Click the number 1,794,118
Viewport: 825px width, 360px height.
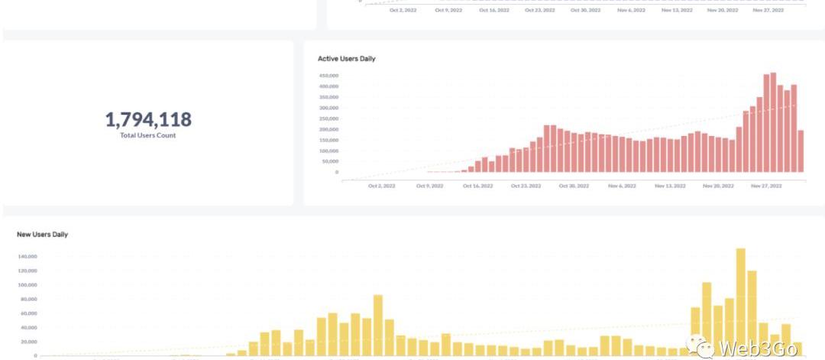[x=148, y=119]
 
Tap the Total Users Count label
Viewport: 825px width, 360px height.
[x=148, y=135]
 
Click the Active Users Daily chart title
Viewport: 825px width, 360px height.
[x=346, y=59]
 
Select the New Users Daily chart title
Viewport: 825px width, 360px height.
[x=42, y=235]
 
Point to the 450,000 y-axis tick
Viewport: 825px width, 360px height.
[x=328, y=76]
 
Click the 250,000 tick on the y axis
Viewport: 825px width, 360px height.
[x=328, y=118]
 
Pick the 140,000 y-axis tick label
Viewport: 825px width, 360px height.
[x=27, y=256]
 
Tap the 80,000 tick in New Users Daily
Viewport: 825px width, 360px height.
[x=28, y=299]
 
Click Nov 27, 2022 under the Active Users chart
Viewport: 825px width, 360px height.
[x=767, y=186]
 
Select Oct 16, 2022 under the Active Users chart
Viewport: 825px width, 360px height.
[x=477, y=186]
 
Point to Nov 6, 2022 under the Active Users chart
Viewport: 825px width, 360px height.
[x=622, y=186]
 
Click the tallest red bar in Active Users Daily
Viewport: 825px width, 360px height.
[x=773, y=122]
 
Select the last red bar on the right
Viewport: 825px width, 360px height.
[x=801, y=151]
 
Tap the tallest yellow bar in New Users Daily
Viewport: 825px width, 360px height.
[x=740, y=302]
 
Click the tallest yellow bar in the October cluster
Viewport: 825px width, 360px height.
[x=377, y=325]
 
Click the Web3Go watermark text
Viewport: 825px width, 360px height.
[x=757, y=349]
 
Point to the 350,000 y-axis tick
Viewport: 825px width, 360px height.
[x=328, y=97]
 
